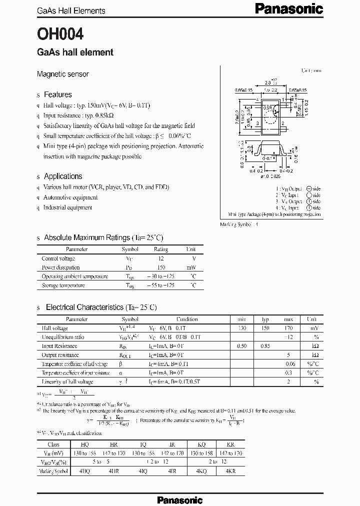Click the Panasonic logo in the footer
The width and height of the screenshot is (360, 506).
(x=179, y=499)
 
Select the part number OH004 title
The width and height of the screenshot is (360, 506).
(x=60, y=33)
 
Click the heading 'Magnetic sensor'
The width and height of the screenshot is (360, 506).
(x=62, y=74)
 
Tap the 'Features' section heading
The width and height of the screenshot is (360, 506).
(x=57, y=94)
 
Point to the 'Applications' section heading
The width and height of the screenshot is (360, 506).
(x=63, y=176)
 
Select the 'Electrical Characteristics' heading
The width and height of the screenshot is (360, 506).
(x=101, y=307)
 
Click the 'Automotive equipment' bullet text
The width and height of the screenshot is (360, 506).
(x=70, y=197)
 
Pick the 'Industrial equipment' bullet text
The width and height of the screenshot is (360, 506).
(x=67, y=207)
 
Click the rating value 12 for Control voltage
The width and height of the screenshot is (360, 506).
(x=160, y=258)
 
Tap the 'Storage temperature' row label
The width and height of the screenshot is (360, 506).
(x=63, y=285)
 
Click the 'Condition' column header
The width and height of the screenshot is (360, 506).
(x=187, y=319)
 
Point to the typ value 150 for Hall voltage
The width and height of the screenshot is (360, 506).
(x=265, y=328)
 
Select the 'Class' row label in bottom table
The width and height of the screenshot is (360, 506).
(x=53, y=444)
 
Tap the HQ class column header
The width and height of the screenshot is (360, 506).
(x=85, y=444)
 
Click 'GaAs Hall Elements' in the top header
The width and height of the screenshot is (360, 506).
(x=71, y=10)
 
